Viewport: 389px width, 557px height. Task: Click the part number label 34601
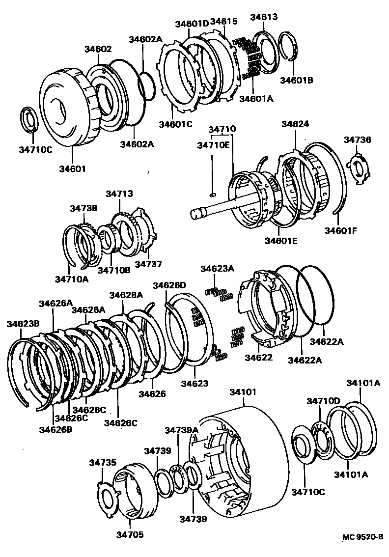pyautogui.click(x=73, y=168)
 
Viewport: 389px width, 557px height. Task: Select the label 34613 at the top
pyautogui.click(x=264, y=17)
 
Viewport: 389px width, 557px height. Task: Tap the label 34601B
pyautogui.click(x=296, y=80)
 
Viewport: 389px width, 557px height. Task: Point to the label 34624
pyautogui.click(x=295, y=124)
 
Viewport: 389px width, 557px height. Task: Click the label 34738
pyautogui.click(x=83, y=208)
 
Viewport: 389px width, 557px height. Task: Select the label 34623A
pyautogui.click(x=217, y=269)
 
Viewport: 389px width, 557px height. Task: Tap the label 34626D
pyautogui.click(x=169, y=285)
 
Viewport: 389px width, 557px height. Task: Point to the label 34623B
pyautogui.click(x=23, y=323)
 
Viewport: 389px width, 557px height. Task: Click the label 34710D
pyautogui.click(x=323, y=401)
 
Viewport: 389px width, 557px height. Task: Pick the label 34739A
pyautogui.click(x=181, y=430)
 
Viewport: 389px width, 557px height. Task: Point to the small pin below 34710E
pyautogui.click(x=212, y=194)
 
